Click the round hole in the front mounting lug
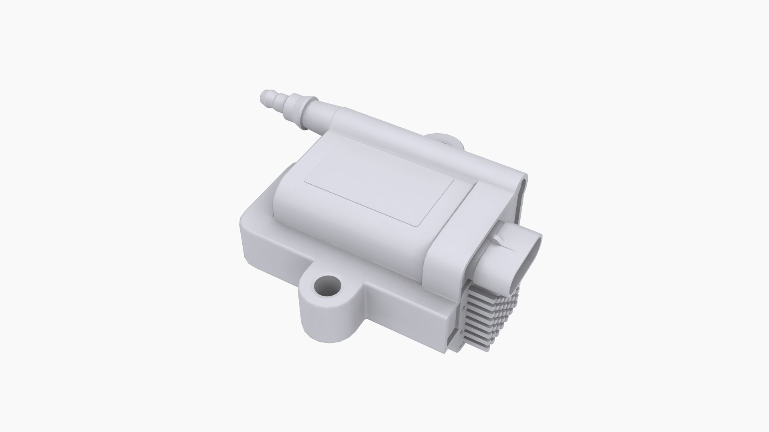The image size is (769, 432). tap(328, 285)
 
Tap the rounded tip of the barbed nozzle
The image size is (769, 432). tap(265, 96)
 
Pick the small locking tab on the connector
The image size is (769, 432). tap(497, 240)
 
